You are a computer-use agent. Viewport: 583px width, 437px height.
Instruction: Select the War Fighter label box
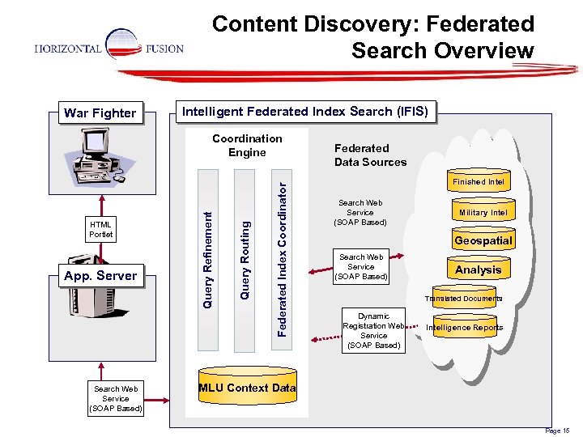[x=100, y=112]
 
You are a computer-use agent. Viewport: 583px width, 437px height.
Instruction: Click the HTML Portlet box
[x=101, y=229]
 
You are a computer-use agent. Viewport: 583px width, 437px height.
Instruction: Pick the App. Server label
[x=100, y=275]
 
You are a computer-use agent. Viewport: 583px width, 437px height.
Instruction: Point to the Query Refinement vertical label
[x=208, y=259]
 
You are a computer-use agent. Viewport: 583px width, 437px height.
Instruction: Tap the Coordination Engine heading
[x=247, y=146]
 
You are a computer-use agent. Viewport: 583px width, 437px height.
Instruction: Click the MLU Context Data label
[x=248, y=388]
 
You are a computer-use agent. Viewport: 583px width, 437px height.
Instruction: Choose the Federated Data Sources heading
[x=370, y=155]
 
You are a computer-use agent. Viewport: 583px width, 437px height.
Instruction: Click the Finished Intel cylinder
[x=479, y=181]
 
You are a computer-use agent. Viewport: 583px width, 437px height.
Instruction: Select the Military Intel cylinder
[x=483, y=212]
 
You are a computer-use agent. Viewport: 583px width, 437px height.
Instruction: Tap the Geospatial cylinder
[x=483, y=240]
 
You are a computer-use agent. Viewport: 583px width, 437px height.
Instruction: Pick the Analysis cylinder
[x=478, y=269]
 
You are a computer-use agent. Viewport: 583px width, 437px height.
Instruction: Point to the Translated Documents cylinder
[x=465, y=298]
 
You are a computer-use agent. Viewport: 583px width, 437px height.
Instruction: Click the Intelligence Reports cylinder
[x=465, y=328]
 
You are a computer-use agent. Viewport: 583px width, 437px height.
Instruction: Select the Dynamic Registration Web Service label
[x=373, y=331]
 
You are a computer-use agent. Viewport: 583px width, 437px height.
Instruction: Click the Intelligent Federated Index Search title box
[x=304, y=111]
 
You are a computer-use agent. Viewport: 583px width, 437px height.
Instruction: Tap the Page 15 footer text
[x=558, y=431]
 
